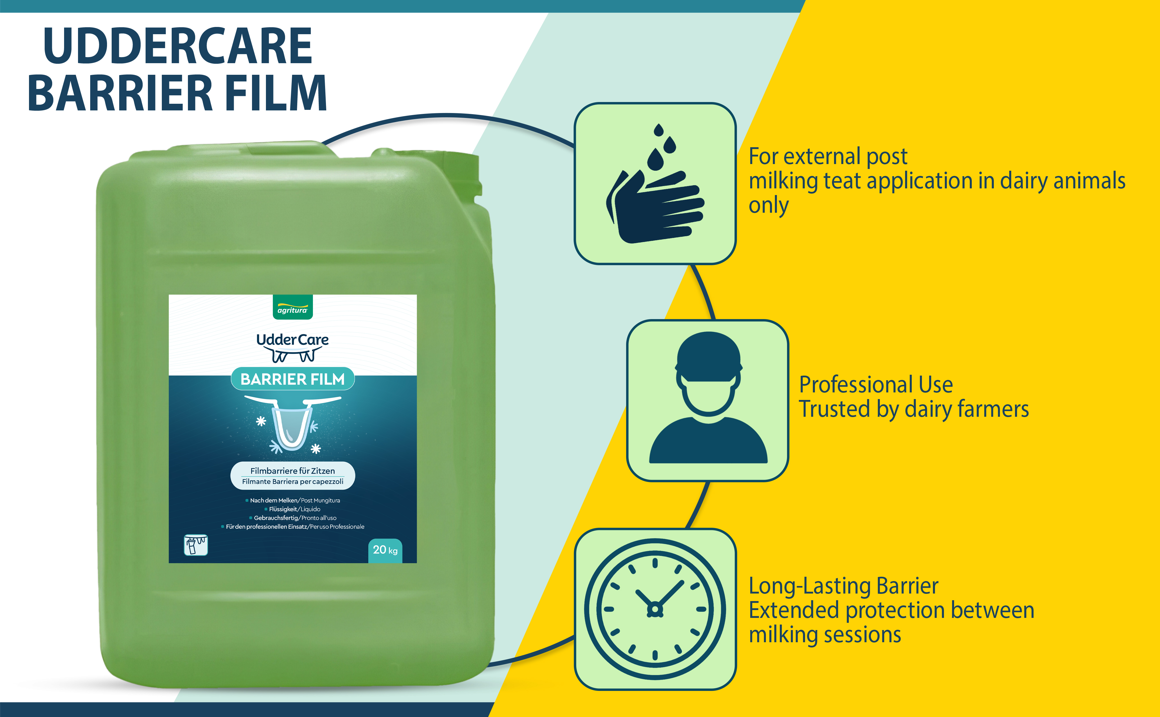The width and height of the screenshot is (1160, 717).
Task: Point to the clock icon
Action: click(x=655, y=609)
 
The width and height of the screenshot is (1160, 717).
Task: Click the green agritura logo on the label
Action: click(x=293, y=307)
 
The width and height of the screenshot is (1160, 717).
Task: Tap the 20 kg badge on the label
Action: click(x=385, y=551)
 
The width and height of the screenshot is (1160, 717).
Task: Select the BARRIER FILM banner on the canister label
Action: click(x=293, y=379)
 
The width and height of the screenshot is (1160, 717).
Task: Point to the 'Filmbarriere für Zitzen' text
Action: click(x=293, y=471)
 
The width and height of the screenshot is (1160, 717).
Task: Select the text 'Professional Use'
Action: click(x=876, y=385)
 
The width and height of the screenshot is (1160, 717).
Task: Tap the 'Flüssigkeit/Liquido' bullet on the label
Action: click(x=292, y=509)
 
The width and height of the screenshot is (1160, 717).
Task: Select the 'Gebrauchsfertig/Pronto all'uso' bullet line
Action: click(x=293, y=518)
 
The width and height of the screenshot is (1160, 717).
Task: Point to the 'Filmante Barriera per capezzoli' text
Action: click(x=293, y=482)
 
